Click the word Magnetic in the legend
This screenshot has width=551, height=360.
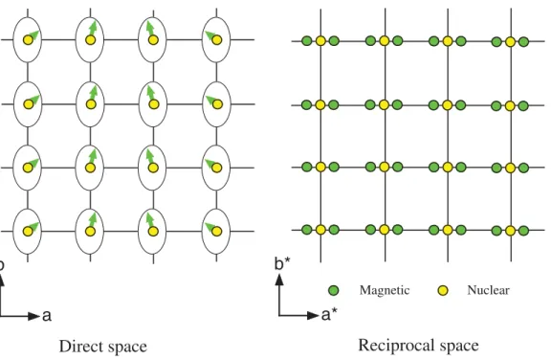385,290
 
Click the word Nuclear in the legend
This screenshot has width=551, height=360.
488,290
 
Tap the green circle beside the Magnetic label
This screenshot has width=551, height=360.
334,290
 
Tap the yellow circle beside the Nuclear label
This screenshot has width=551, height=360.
443,290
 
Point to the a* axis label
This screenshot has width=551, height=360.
329,315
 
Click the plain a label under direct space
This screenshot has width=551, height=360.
47,316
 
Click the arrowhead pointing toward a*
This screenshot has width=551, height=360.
313,315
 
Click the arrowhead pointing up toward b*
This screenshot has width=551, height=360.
279,280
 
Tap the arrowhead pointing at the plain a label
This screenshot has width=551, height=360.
33,316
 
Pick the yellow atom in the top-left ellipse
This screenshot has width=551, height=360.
28,40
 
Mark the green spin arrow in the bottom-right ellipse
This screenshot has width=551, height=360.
210,227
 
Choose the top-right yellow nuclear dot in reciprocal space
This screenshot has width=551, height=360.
510,42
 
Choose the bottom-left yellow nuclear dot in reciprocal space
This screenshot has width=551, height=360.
320,230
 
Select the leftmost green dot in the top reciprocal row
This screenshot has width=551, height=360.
307,41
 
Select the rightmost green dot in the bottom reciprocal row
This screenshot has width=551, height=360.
523,231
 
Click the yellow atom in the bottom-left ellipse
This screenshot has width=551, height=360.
28,232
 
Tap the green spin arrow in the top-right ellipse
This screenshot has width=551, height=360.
210,35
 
